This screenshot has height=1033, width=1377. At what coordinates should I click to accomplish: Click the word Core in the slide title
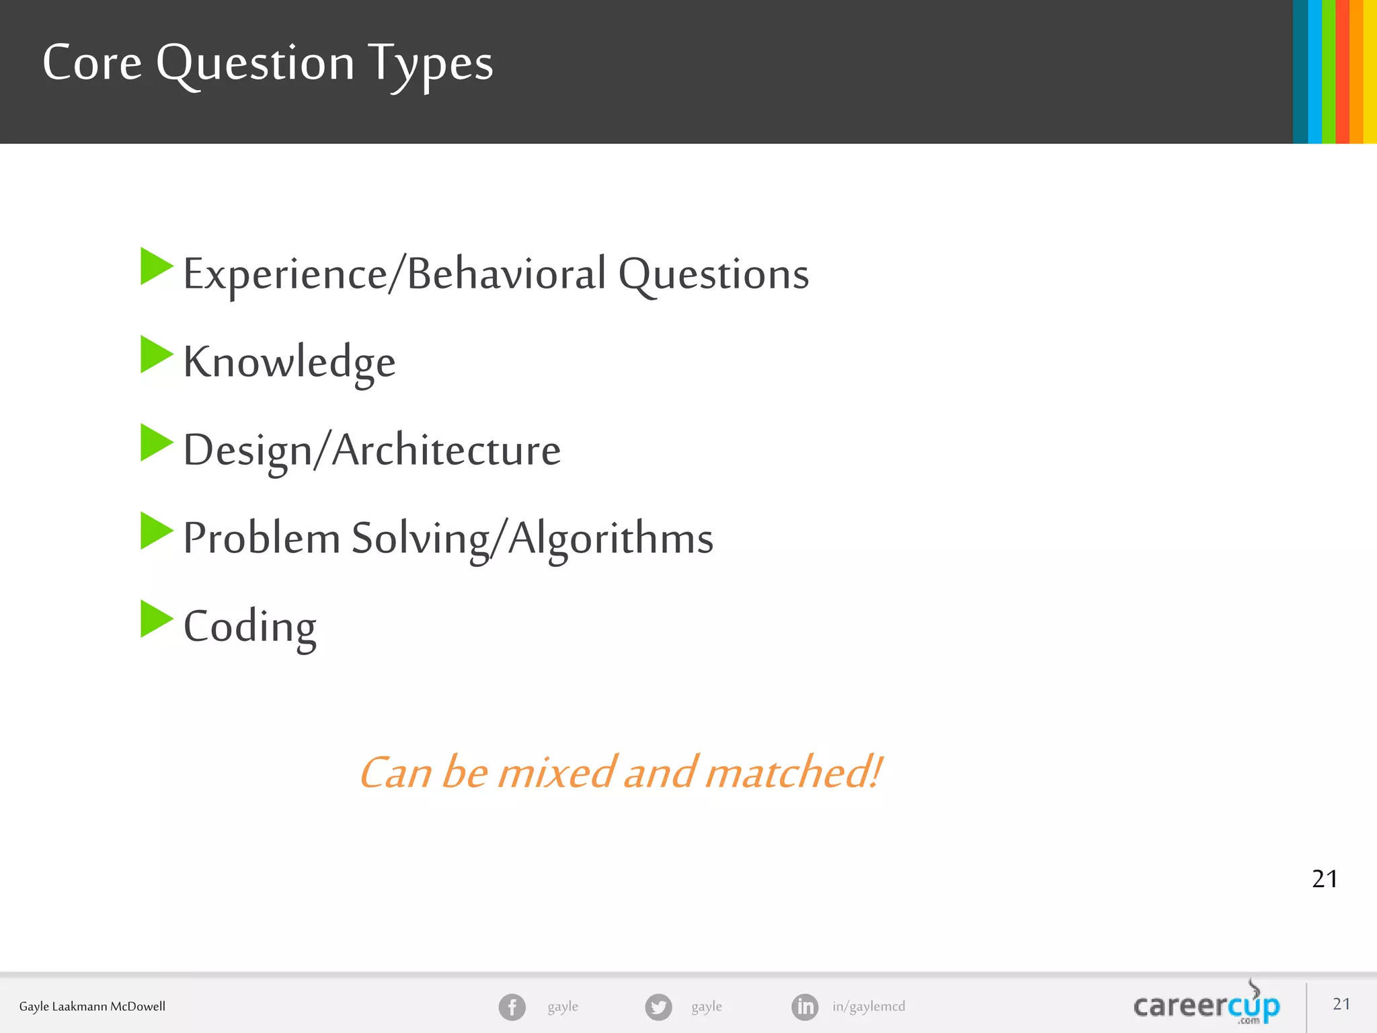pyautogui.click(x=92, y=63)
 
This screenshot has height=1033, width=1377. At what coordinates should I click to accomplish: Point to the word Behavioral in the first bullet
pyautogui.click(x=507, y=274)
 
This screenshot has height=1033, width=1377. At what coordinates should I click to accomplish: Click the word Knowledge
pyautogui.click(x=289, y=362)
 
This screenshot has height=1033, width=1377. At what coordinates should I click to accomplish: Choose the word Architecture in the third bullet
pyautogui.click(x=446, y=450)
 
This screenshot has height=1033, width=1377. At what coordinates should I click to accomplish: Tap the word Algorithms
pyautogui.click(x=611, y=538)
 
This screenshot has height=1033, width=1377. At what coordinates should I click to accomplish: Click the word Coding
pyautogui.click(x=249, y=626)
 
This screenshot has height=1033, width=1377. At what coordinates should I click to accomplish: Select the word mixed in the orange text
pyautogui.click(x=555, y=772)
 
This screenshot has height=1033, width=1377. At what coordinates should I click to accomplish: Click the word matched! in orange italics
pyautogui.click(x=793, y=772)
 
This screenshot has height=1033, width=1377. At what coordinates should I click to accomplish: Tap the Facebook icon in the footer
pyautogui.click(x=512, y=1007)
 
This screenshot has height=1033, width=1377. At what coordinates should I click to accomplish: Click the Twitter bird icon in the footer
pyautogui.click(x=658, y=1007)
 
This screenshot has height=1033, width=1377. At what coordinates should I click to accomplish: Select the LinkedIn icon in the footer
pyautogui.click(x=805, y=1007)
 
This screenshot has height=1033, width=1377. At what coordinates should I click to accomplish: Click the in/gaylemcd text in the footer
pyautogui.click(x=869, y=1006)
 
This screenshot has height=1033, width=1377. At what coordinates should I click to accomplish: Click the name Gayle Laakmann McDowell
pyautogui.click(x=92, y=1006)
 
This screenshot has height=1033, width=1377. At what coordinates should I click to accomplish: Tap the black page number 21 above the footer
pyautogui.click(x=1325, y=879)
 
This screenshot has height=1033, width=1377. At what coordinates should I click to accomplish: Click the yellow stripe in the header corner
pyautogui.click(x=1370, y=71)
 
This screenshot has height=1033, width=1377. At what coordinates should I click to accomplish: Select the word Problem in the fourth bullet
pyautogui.click(x=262, y=538)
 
